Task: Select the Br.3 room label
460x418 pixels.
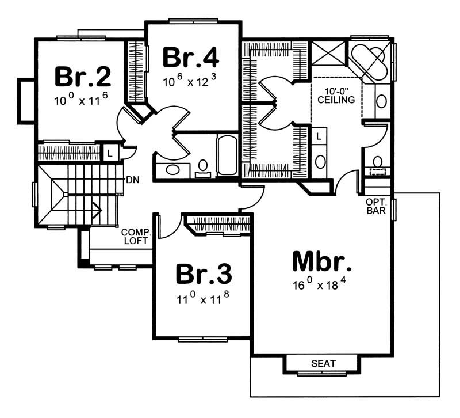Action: (204, 274)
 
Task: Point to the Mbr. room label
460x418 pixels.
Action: (321, 262)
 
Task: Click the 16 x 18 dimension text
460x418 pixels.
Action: (321, 284)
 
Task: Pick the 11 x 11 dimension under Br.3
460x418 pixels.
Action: (204, 299)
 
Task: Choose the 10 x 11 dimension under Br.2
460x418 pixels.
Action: (82, 101)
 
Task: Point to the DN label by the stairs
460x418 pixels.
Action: (132, 179)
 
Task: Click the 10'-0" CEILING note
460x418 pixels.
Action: (336, 94)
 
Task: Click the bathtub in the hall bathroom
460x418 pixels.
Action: (227, 155)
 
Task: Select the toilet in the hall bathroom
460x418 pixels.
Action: (202, 167)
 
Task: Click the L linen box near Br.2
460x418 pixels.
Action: (109, 153)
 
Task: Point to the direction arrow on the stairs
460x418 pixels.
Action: (97, 211)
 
